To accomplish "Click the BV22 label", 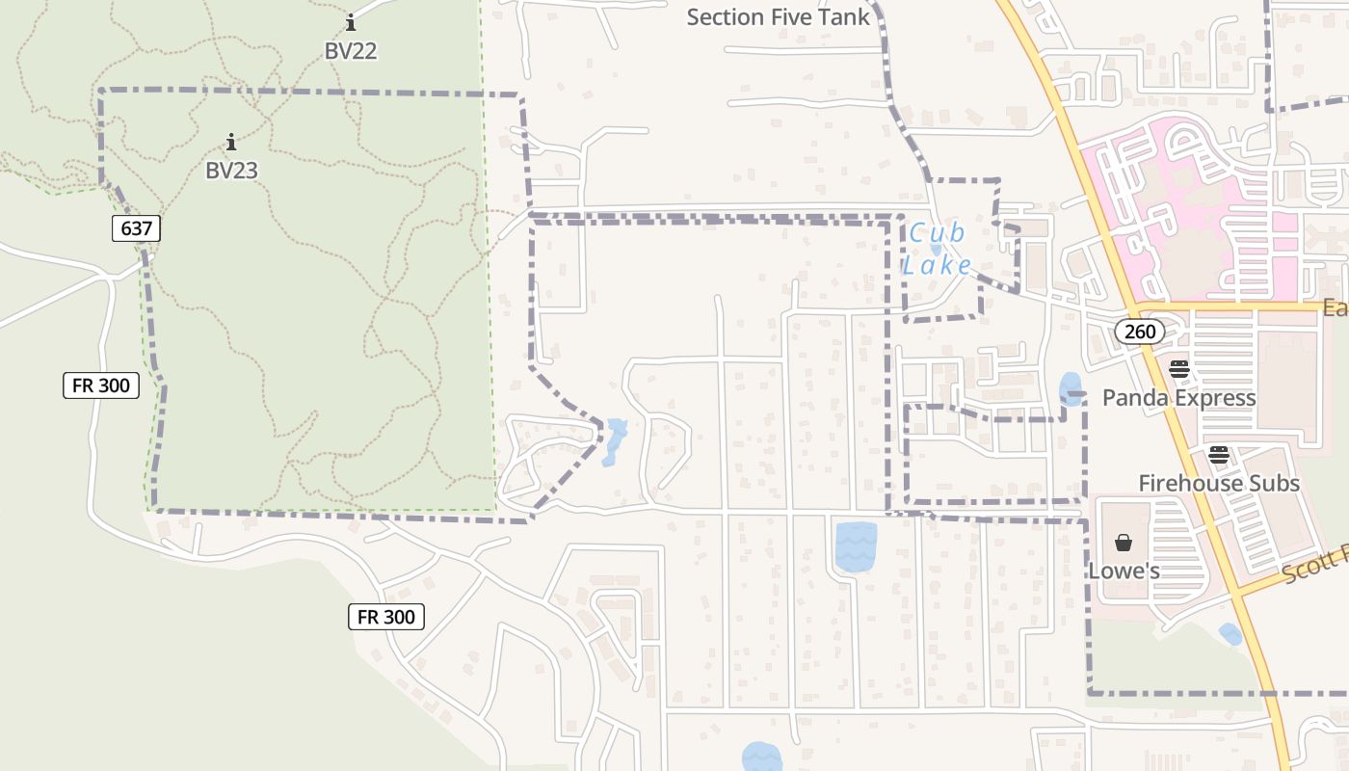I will [351, 51].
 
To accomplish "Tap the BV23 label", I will [231, 171].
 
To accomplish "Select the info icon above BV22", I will [351, 22].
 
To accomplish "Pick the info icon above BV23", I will [231, 143].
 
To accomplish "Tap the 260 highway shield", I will [1140, 332].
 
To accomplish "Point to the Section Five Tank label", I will [778, 17].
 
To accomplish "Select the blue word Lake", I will [937, 265].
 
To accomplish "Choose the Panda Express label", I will [1178, 398].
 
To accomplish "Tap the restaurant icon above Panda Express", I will [1178, 368].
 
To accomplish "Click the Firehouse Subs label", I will [1219, 483].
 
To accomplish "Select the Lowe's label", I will [1124, 572].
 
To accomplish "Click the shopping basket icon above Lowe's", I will [1124, 543].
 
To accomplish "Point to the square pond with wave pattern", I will [856, 546].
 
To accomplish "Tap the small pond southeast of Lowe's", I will [1230, 633].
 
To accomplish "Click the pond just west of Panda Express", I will [1070, 386].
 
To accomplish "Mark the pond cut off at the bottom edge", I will [761, 757].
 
